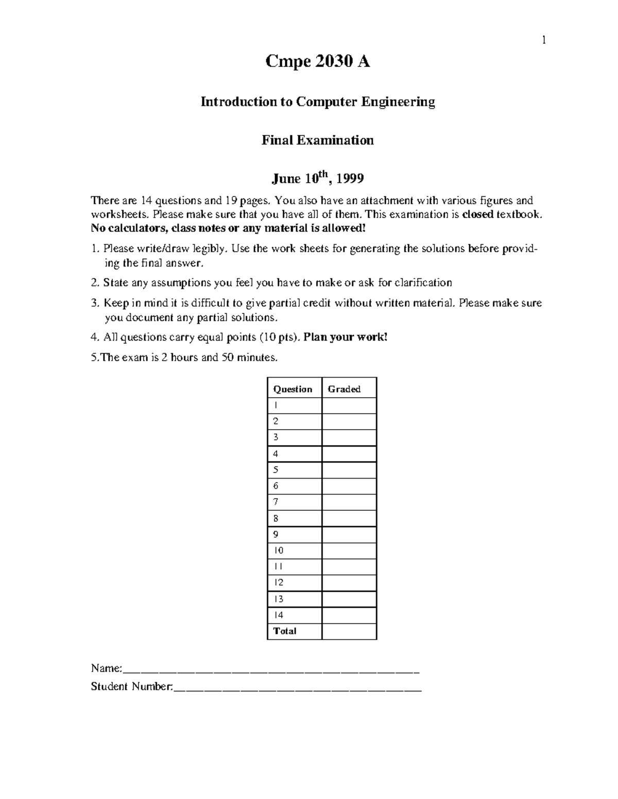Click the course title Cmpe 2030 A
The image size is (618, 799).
[317, 62]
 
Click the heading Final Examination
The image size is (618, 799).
[317, 140]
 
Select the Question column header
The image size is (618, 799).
[293, 389]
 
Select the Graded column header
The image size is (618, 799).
[344, 389]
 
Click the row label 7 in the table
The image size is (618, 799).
[276, 502]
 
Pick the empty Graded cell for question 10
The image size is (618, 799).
[349, 551]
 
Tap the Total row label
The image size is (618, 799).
[285, 631]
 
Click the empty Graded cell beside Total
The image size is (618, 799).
[349, 631]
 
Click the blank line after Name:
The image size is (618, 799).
[271, 670]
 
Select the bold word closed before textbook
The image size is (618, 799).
[478, 215]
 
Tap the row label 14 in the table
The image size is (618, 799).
[278, 615]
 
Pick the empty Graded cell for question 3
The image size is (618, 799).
[349, 438]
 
